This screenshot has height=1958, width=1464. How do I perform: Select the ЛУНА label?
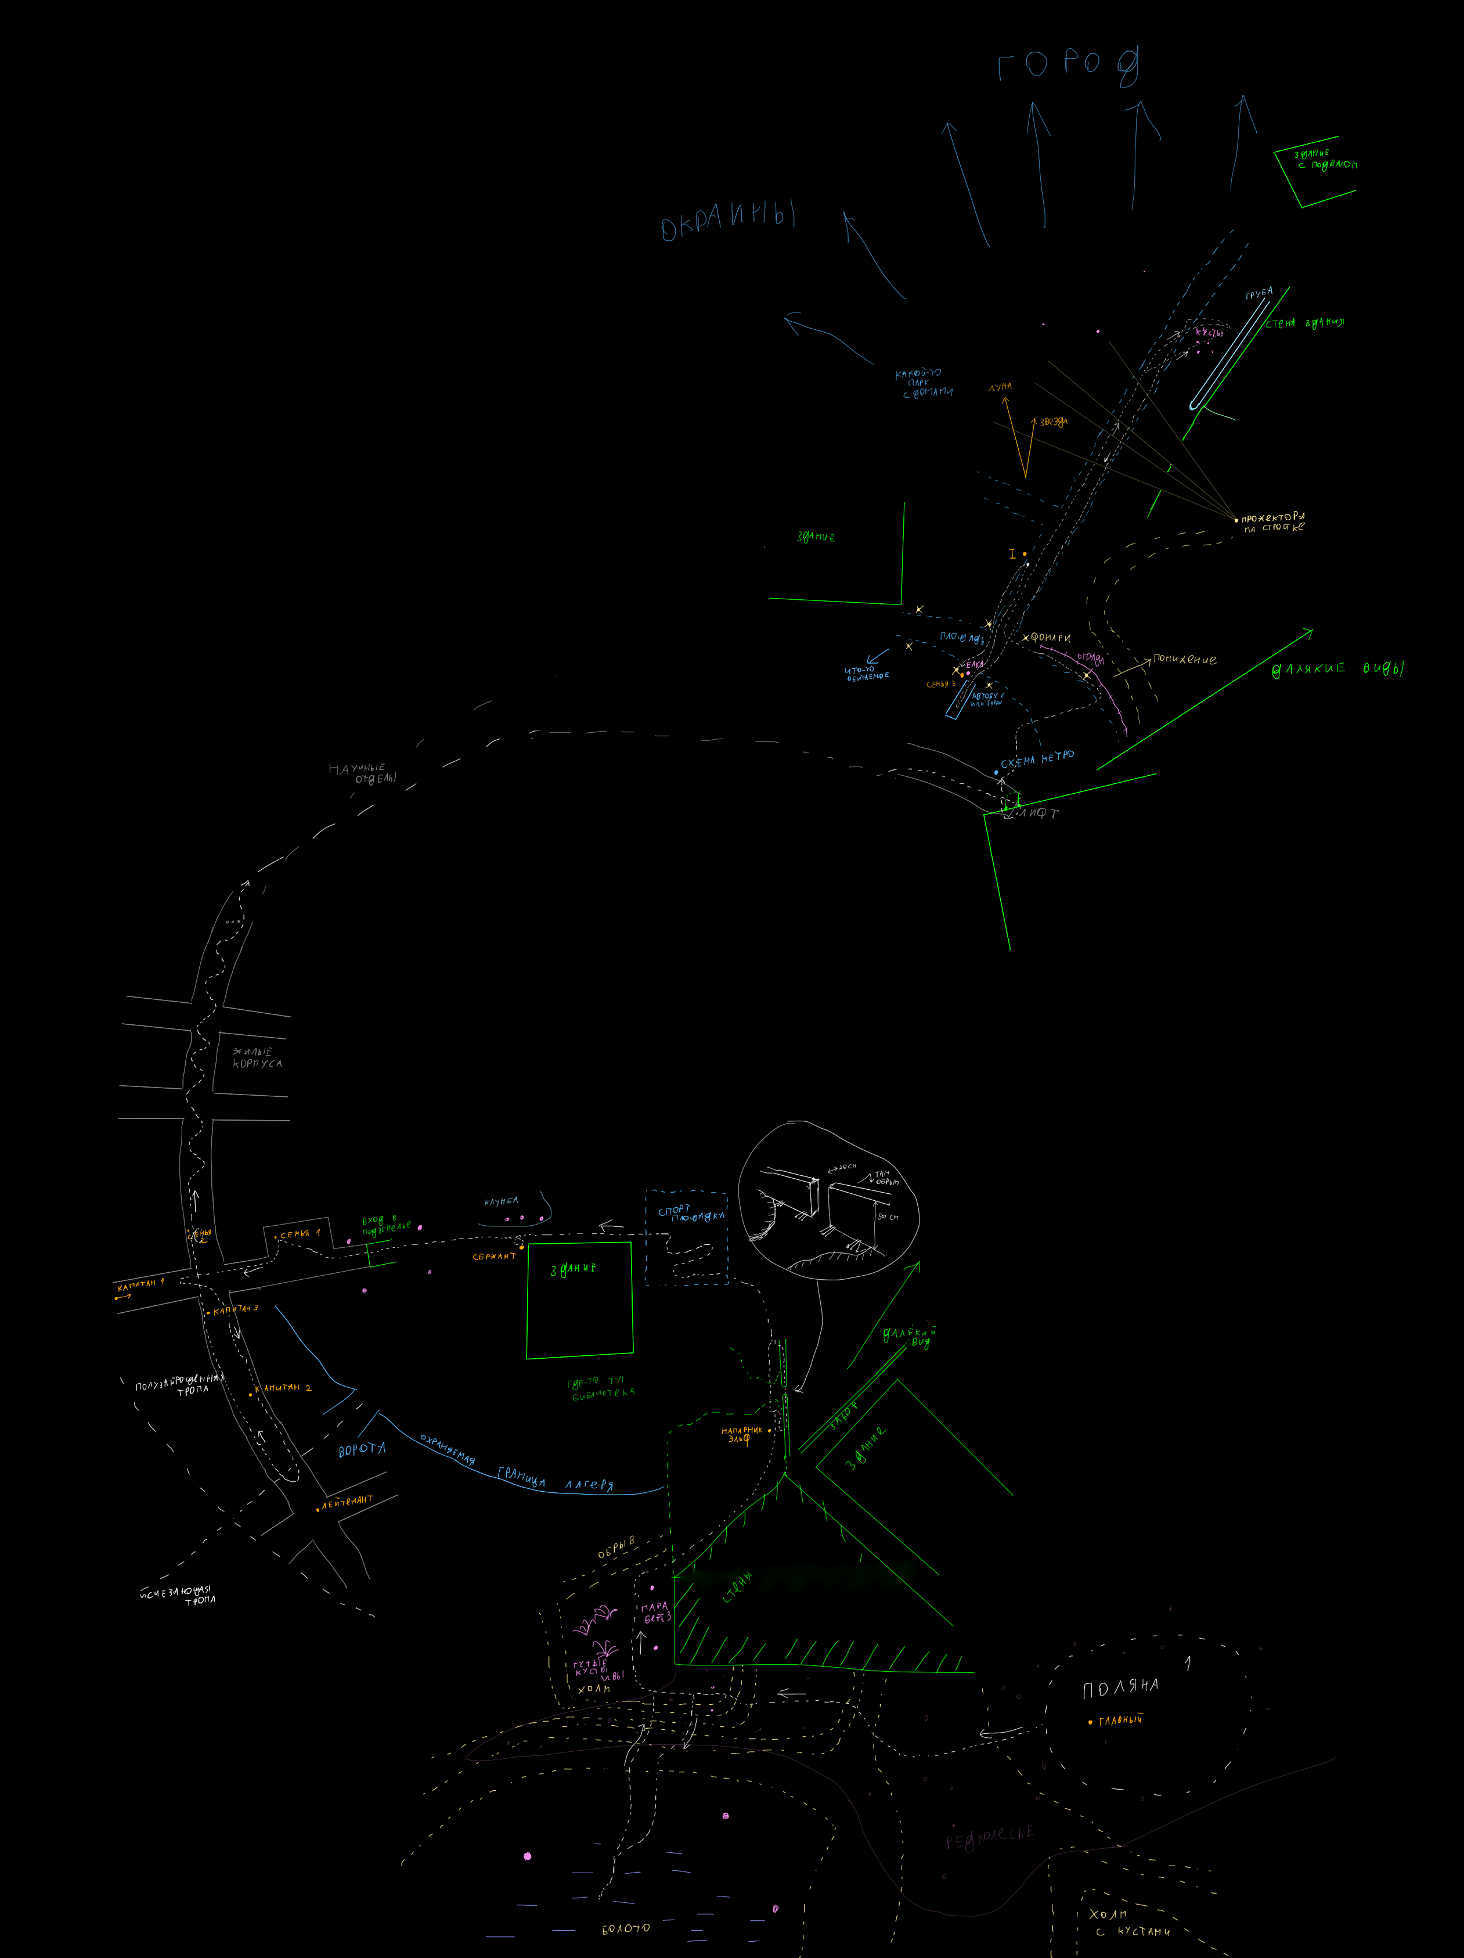tap(1000, 387)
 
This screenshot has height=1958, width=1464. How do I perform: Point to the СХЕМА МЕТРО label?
tap(1037, 758)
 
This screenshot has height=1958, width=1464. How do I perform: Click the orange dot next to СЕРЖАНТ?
tap(521, 1247)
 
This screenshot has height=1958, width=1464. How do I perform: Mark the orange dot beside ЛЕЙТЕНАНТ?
tap(318, 1509)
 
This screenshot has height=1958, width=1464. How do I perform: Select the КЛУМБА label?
tap(501, 1201)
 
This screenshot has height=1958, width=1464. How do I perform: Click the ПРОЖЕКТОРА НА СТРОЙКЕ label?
tap(1273, 522)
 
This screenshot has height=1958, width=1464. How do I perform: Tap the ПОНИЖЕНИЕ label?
tap(1184, 660)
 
